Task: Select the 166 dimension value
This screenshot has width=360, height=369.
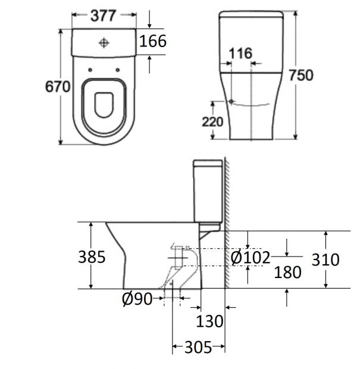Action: coord(152,41)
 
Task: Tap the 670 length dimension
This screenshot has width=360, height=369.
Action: coord(58,86)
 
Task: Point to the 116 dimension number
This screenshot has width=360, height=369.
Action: coord(240,54)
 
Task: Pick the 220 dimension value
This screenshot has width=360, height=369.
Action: coord(212,122)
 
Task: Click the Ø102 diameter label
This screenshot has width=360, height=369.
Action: coord(251,257)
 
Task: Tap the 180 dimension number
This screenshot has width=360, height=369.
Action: coord(287,272)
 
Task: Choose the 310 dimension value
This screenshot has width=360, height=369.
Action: coord(325,259)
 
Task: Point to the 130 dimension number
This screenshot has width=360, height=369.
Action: coord(211,321)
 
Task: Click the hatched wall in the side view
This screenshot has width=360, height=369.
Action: coord(226,226)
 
